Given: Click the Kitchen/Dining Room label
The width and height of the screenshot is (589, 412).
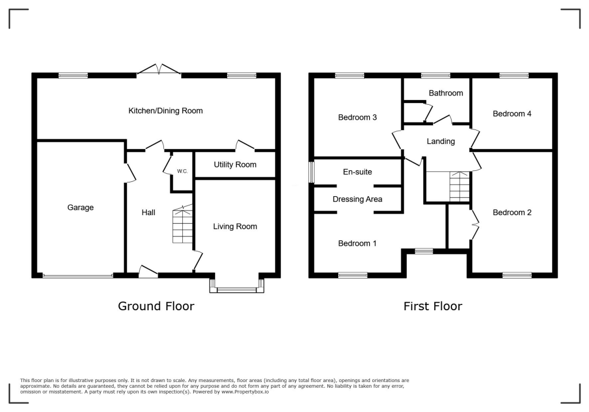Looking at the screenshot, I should (165, 110).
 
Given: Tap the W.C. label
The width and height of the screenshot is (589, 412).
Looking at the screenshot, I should (182, 171).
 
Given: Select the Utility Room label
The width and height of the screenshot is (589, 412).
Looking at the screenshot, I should (235, 165).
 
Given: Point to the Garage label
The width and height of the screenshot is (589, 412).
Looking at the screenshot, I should (81, 207).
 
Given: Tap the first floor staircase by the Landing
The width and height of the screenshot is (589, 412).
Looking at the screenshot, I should (460, 187).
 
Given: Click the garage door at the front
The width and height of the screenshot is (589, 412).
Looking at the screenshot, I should (78, 276).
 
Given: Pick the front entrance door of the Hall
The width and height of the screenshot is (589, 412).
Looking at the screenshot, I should (148, 272).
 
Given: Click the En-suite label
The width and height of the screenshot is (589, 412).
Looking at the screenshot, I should (357, 171).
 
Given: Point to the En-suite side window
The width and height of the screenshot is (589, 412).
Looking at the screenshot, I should (311, 171).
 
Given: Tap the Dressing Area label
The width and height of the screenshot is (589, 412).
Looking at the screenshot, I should (357, 199).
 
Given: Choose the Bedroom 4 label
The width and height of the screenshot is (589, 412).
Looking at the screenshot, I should (512, 113).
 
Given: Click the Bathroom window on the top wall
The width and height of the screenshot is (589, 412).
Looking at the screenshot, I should (435, 75).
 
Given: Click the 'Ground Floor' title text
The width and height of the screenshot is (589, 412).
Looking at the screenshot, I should (156, 306).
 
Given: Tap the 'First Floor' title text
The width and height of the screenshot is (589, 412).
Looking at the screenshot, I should (433, 306).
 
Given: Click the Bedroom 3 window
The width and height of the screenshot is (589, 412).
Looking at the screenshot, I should (350, 75).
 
